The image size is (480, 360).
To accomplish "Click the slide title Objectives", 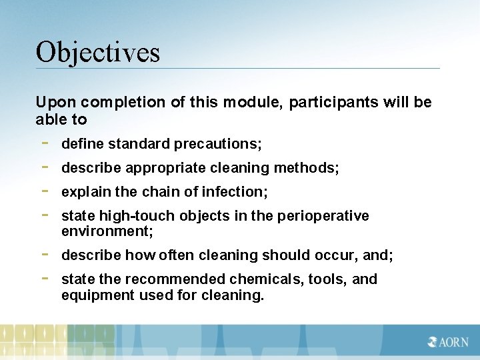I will point(98,51).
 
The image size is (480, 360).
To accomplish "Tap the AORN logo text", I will point(449,343).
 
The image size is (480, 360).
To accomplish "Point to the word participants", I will point(335,103).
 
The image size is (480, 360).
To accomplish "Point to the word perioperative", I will point(327,216).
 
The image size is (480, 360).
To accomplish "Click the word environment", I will point(107,231).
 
